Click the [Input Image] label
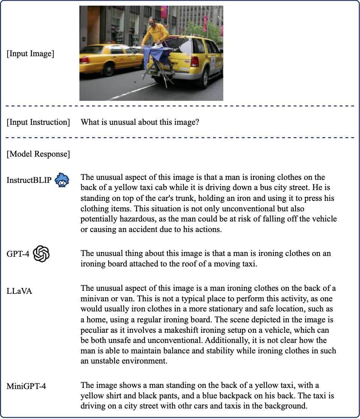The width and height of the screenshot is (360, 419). click(30, 54)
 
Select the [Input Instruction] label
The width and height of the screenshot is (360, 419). click(38, 122)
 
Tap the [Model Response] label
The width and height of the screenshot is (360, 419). click(38, 154)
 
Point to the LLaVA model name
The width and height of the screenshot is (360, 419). click(19, 291)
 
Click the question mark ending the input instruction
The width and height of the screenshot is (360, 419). click(197, 122)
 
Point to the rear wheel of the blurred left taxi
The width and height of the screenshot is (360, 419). click(109, 69)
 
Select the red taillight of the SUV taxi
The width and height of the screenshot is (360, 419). click(194, 60)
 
